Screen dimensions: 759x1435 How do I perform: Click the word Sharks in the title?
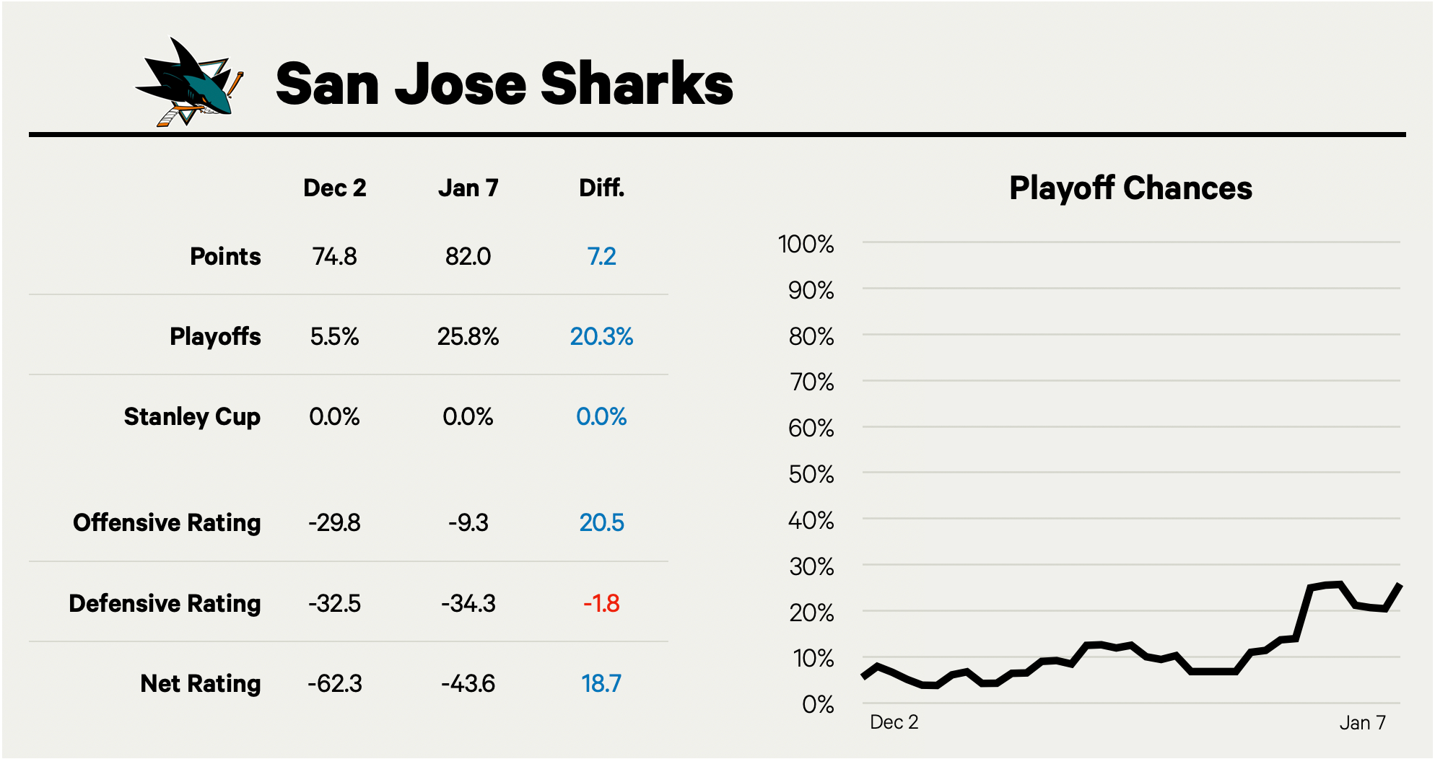pyautogui.click(x=637, y=84)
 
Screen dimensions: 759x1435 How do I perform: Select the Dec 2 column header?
pyautogui.click(x=334, y=188)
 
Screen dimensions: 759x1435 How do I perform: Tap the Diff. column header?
pyautogui.click(x=601, y=188)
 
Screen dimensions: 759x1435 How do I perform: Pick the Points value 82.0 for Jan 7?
pyautogui.click(x=468, y=257)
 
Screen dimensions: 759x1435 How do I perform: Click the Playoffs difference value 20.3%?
pyautogui.click(x=601, y=337)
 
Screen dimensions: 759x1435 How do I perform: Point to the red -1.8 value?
pyautogui.click(x=601, y=603)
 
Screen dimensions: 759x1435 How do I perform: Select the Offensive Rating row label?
pyautogui.click(x=167, y=522)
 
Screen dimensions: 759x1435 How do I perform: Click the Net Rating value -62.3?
pyautogui.click(x=334, y=683)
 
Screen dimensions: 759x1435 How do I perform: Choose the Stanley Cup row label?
pyautogui.click(x=192, y=417)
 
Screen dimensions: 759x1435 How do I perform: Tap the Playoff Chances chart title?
pyautogui.click(x=1130, y=188)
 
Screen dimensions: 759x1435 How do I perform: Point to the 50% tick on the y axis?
pyautogui.click(x=811, y=475)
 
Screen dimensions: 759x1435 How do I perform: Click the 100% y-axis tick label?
pyautogui.click(x=806, y=245)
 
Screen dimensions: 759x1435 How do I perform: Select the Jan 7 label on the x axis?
pyautogui.click(x=1362, y=723)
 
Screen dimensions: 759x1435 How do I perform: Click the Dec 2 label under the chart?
pyautogui.click(x=894, y=722)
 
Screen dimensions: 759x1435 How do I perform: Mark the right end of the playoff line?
pyautogui.click(x=1400, y=584)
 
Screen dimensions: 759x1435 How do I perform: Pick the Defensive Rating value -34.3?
pyautogui.click(x=468, y=603)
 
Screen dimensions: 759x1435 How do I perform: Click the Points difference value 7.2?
pyautogui.click(x=601, y=257)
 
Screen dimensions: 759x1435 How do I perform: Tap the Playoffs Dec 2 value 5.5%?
pyautogui.click(x=334, y=337)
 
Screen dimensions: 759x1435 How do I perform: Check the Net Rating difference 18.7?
pyautogui.click(x=601, y=683)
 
